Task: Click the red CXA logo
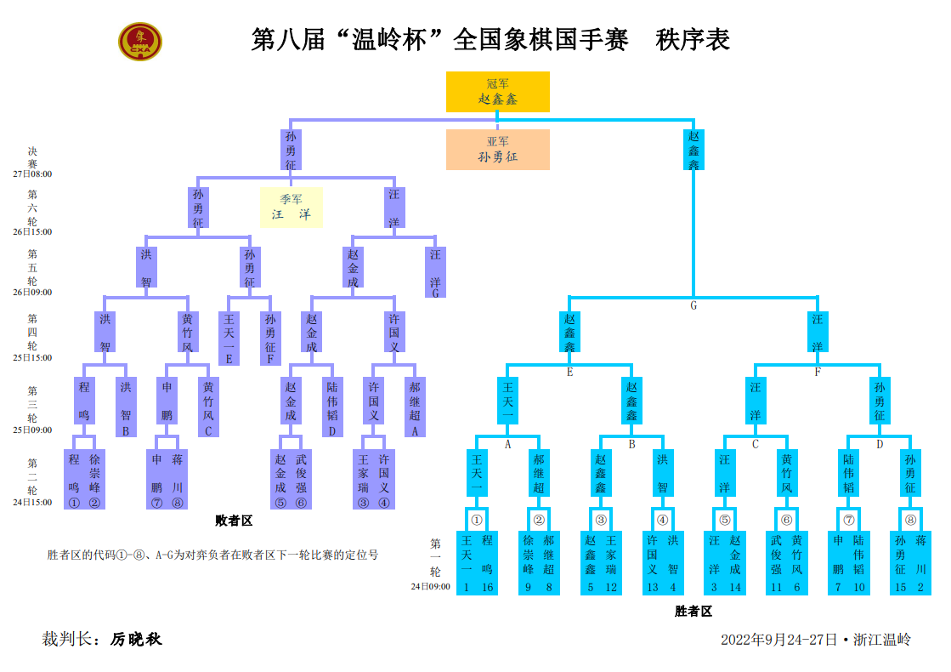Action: pyautogui.click(x=139, y=42)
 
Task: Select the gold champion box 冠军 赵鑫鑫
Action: pyautogui.click(x=498, y=92)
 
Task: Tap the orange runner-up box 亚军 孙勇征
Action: pyautogui.click(x=498, y=150)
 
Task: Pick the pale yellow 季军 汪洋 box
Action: pyautogui.click(x=291, y=208)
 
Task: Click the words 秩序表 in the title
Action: pyautogui.click(x=693, y=40)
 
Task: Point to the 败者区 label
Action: pyautogui.click(x=234, y=521)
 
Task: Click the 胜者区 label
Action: pyautogui.click(x=693, y=611)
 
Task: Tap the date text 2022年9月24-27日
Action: pyautogui.click(x=778, y=640)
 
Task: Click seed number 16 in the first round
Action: pyautogui.click(x=487, y=587)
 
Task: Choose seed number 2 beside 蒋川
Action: pyautogui.click(x=920, y=587)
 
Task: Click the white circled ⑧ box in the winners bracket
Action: pyautogui.click(x=910, y=520)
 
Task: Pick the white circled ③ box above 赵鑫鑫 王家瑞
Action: pyautogui.click(x=601, y=520)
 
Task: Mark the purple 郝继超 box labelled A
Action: pyautogui.click(x=415, y=407)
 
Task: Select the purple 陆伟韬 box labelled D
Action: pyautogui.click(x=332, y=407)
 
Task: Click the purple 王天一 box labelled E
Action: pyautogui.click(x=229, y=338)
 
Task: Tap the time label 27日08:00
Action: pyautogui.click(x=32, y=174)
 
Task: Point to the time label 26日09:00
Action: pyautogui.click(x=32, y=292)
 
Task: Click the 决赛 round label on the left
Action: pyautogui.click(x=32, y=157)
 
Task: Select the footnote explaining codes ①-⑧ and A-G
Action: pyautogui.click(x=212, y=555)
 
